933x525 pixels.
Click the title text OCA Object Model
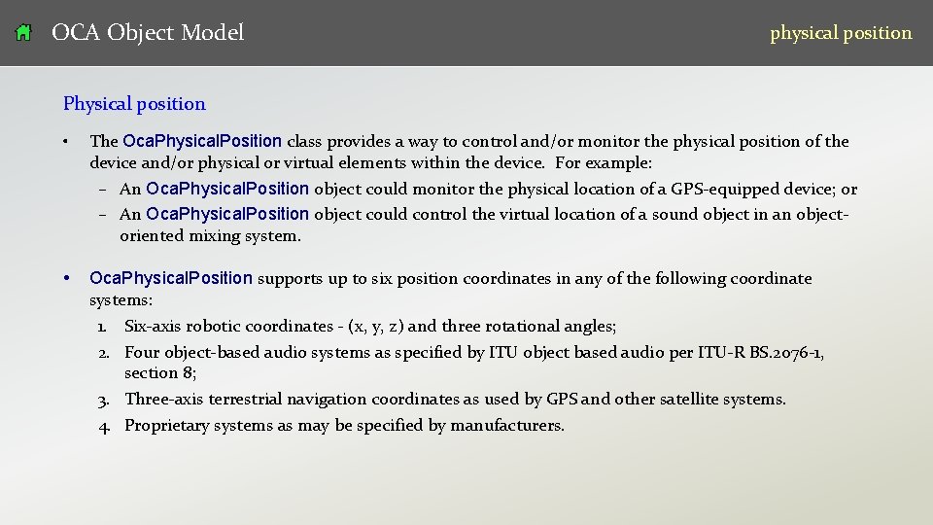click(x=148, y=33)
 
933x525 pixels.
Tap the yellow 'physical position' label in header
click(x=841, y=33)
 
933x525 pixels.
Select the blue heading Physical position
click(x=134, y=104)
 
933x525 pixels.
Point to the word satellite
click(x=692, y=400)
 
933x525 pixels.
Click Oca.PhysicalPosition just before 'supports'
click(x=171, y=279)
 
